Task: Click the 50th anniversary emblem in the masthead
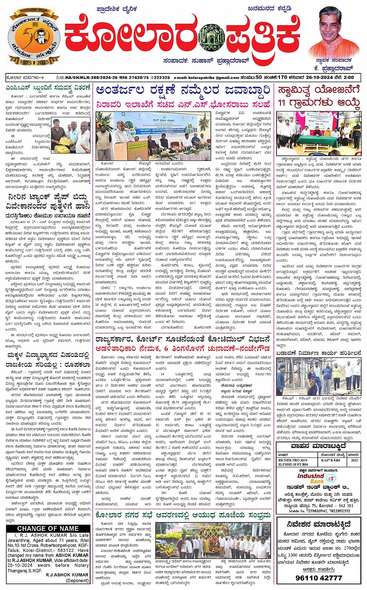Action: (34, 38)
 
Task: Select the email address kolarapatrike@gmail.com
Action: (212, 77)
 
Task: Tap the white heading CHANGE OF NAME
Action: (48, 529)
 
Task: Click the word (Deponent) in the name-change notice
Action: (77, 580)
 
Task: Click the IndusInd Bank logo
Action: (311, 478)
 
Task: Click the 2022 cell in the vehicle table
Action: (354, 460)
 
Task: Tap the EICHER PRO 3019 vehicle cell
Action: (293, 460)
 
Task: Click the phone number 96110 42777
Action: (318, 578)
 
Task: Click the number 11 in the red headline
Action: (283, 103)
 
